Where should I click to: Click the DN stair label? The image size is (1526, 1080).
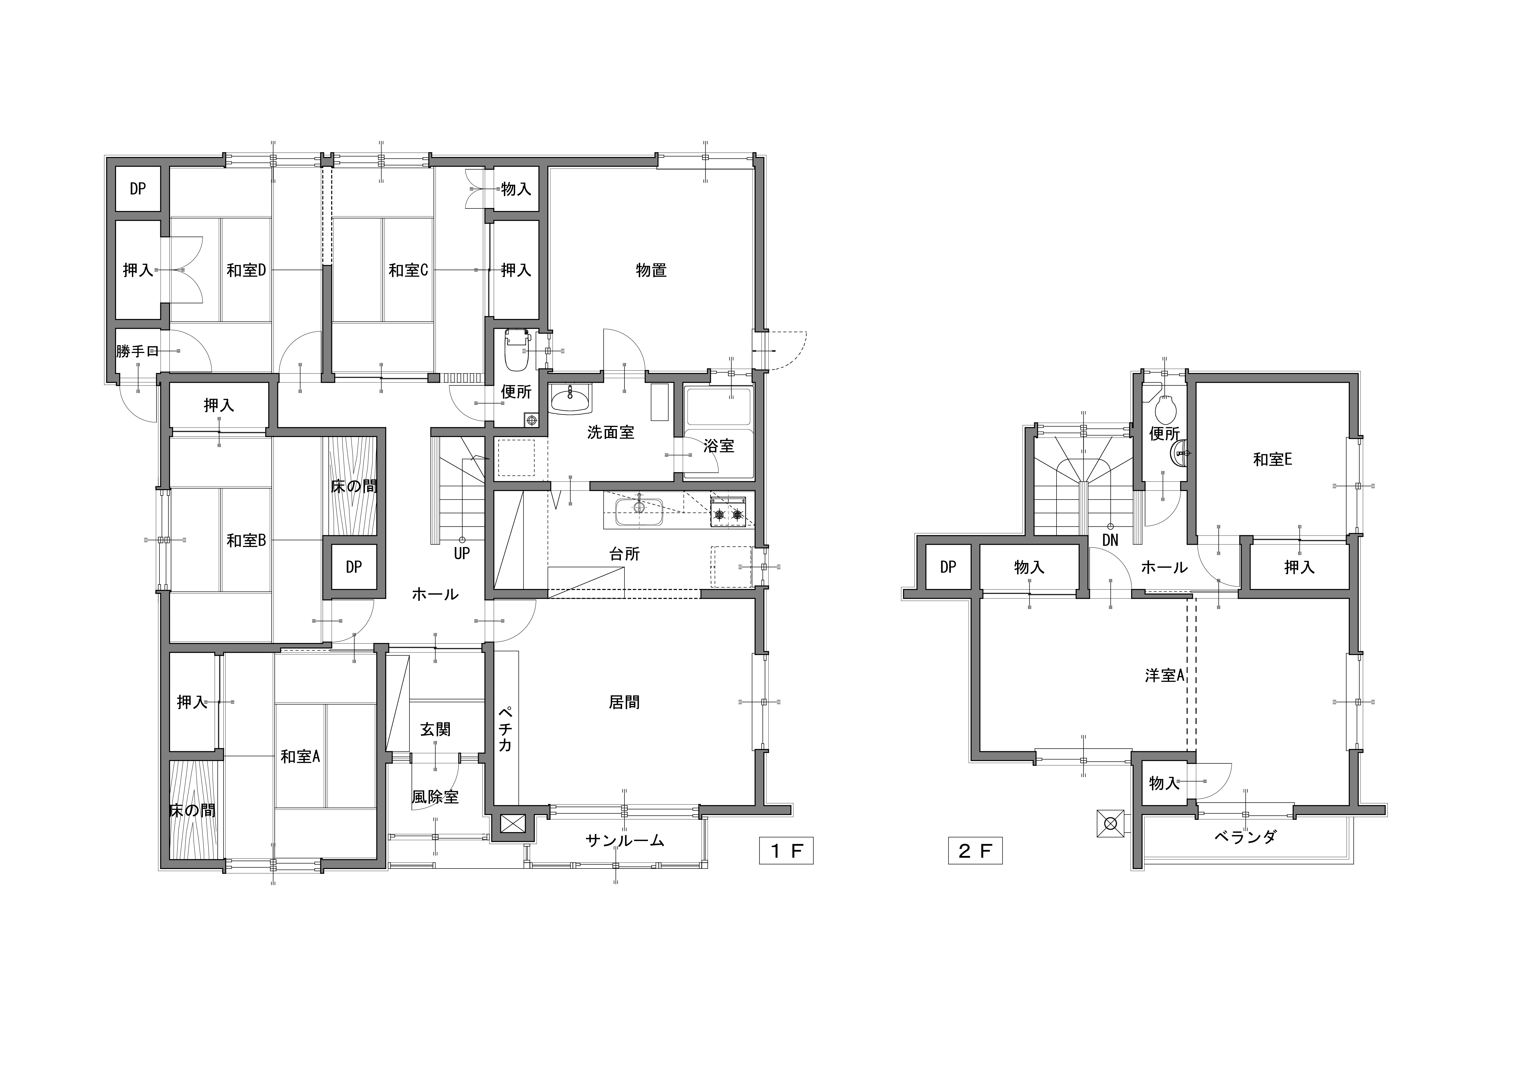1111,540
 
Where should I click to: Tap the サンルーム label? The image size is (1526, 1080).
625,841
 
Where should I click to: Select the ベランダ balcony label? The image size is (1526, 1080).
1245,837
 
